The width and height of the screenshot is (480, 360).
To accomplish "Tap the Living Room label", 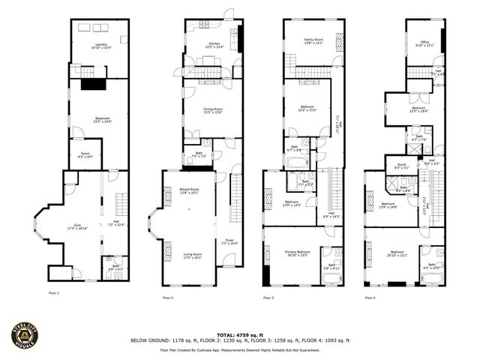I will point(193,256).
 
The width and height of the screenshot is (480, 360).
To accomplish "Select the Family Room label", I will point(313,40).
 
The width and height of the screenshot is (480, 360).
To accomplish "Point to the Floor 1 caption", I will point(53,293).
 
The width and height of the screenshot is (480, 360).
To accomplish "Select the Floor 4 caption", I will point(369,298).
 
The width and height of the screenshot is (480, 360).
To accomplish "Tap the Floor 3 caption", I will point(268,298).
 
